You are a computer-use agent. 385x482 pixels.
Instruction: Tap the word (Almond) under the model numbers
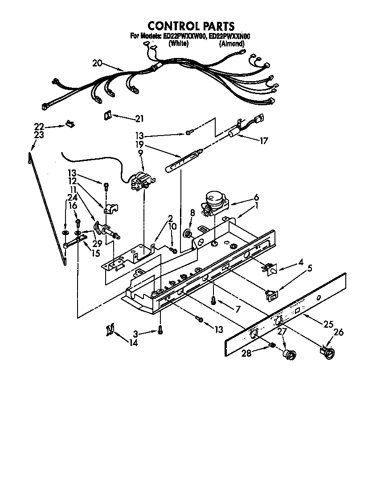click(x=231, y=44)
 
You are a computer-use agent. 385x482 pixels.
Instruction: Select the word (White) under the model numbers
click(x=178, y=44)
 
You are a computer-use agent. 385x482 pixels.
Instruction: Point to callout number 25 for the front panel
click(x=328, y=325)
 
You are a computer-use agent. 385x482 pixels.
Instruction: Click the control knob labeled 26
click(x=328, y=353)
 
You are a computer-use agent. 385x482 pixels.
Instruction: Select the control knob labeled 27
click(x=290, y=354)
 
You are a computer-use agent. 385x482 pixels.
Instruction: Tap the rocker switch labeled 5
click(x=270, y=294)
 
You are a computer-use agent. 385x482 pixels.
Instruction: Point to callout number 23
click(x=39, y=135)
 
